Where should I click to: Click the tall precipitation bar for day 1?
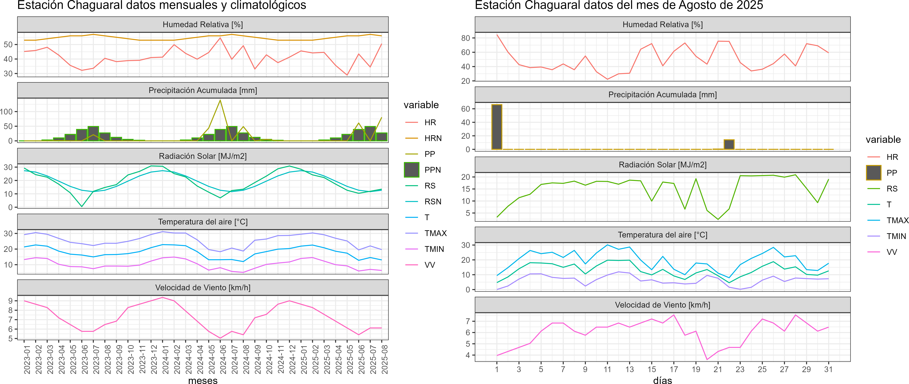pyautogui.click(x=497, y=127)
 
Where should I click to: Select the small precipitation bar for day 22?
pyautogui.click(x=729, y=144)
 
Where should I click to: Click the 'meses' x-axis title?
pyautogui.click(x=203, y=380)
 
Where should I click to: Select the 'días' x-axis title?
pyautogui.click(x=662, y=380)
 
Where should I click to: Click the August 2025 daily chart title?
pyautogui.click(x=619, y=5)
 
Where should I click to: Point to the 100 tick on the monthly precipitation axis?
pyautogui.click(x=6, y=112)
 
